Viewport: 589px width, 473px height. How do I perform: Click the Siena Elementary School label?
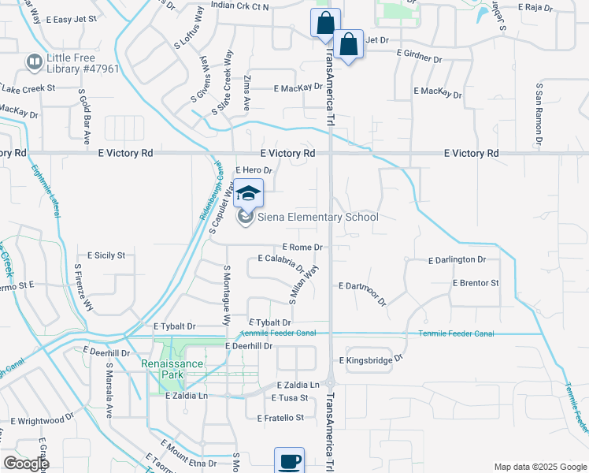coord(318,217)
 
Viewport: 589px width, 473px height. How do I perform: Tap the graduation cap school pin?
coord(248,194)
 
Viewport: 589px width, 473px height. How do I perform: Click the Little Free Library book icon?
coord(34,61)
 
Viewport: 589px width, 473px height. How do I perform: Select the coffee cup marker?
coord(289,461)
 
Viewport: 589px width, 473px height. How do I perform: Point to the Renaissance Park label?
coord(172,364)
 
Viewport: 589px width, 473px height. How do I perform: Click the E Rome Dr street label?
coord(302,247)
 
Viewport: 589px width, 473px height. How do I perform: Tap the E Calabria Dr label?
coord(281,261)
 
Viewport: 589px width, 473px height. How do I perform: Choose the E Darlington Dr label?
coord(457,259)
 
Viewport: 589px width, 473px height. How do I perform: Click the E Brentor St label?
coord(476,282)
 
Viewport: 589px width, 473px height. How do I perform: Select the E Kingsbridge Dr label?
coord(371,359)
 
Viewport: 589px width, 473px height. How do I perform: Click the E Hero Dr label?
coord(253,170)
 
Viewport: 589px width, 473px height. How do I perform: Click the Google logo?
coord(25,464)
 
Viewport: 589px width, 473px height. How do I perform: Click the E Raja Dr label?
coord(536,6)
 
